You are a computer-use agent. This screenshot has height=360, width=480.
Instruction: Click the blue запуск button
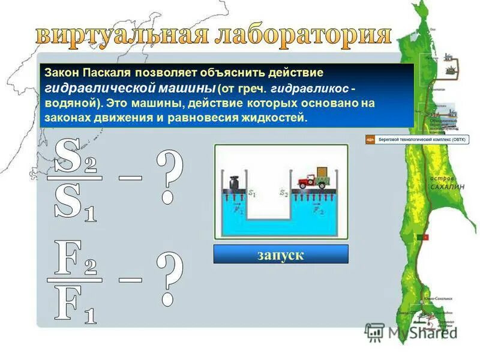tap(281, 254)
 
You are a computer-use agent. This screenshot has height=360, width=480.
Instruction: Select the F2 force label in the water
tap(318, 211)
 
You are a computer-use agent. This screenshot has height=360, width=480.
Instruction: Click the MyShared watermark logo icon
tap(374, 332)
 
